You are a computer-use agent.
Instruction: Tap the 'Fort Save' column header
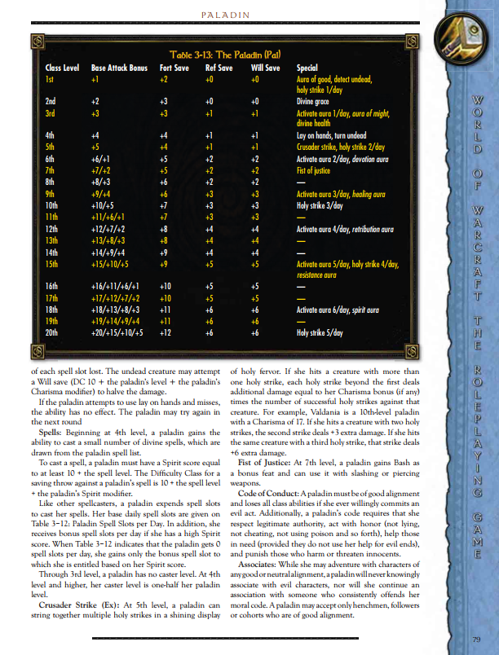point(174,68)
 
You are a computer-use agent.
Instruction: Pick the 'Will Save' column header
point(266,68)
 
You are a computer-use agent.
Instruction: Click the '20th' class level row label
point(51,333)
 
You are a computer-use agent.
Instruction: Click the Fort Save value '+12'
point(166,333)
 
